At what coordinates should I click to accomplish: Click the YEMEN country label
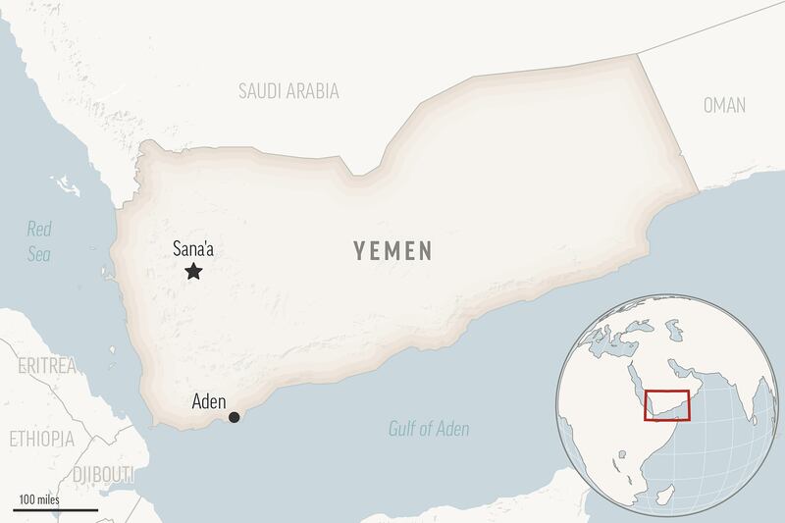tap(392, 251)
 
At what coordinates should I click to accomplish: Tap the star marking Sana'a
tap(193, 272)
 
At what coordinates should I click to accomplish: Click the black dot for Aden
tap(234, 418)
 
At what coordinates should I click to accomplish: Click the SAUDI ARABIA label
tap(288, 91)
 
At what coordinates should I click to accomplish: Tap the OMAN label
tap(724, 105)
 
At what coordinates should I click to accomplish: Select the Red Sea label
tap(39, 241)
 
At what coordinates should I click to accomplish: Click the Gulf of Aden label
tap(428, 429)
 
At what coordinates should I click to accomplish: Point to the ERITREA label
tap(46, 366)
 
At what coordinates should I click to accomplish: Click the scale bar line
tap(56, 510)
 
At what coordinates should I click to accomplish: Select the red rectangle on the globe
tap(667, 405)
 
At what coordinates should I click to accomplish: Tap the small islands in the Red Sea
tap(67, 183)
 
